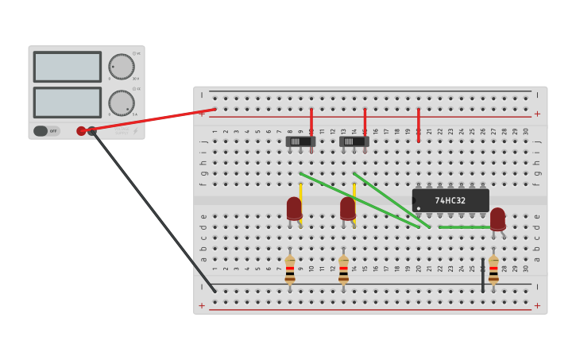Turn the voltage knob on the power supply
(121, 67)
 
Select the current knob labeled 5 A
(121, 103)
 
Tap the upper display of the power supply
(68, 67)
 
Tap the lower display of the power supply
(68, 103)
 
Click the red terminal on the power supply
(81, 131)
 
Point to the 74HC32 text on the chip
(450, 200)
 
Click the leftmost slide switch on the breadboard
(300, 141)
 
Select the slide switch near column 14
(354, 141)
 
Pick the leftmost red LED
(294, 208)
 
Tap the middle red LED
(348, 208)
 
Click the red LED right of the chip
(497, 219)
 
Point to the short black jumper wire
(482, 275)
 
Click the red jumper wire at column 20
(418, 126)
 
